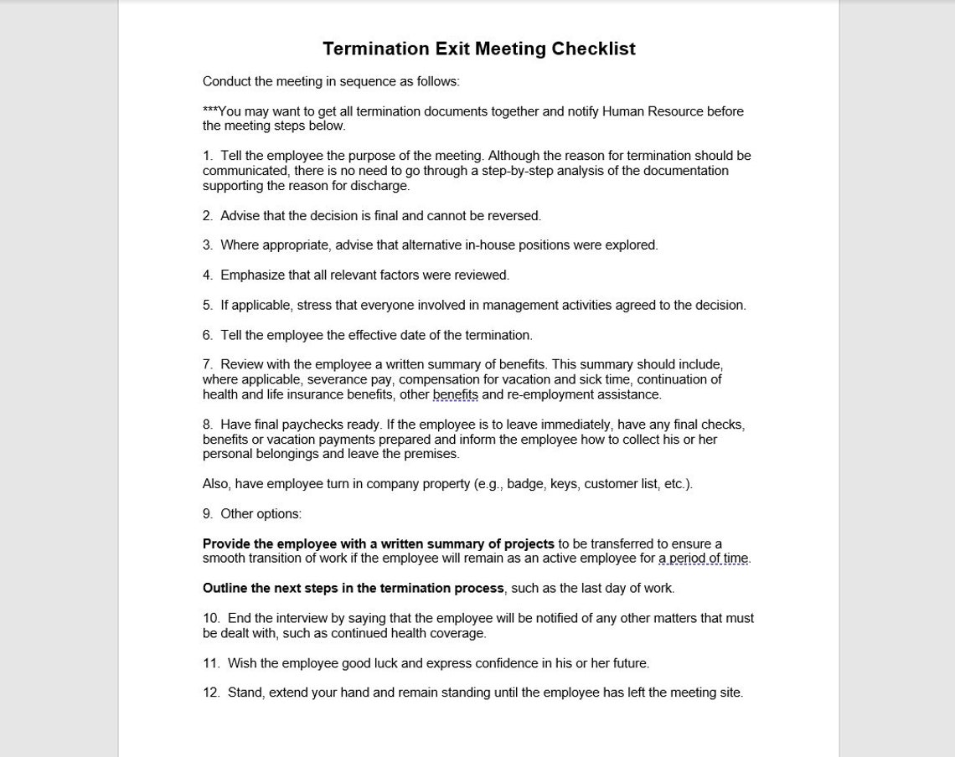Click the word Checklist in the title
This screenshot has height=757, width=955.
(593, 49)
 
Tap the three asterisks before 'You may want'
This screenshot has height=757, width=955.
(209, 111)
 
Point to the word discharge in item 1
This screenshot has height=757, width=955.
(382, 186)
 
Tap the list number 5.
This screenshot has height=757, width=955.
(207, 306)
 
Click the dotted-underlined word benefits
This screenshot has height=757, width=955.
(455, 394)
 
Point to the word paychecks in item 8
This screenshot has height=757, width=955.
(312, 425)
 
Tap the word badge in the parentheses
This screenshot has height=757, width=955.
(524, 484)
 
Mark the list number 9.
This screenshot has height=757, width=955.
(207, 514)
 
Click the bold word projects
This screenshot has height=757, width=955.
(529, 544)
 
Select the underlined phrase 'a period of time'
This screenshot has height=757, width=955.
(703, 559)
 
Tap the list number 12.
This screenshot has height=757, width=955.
(210, 693)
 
